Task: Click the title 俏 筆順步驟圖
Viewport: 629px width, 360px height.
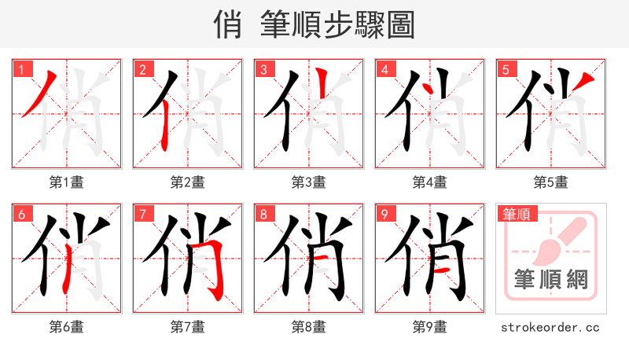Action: click(314, 24)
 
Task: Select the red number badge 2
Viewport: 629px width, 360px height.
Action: click(142, 69)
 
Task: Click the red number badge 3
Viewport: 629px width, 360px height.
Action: click(263, 69)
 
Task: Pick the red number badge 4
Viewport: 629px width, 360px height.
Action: click(384, 69)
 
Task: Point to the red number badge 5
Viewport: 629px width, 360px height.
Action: click(506, 69)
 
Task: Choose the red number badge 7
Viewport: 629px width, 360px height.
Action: click(142, 214)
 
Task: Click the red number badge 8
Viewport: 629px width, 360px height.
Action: click(263, 214)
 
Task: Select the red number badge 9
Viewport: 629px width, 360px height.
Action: click(384, 214)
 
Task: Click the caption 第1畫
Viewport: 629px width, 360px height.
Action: click(67, 182)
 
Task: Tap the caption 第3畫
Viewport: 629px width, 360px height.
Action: click(309, 182)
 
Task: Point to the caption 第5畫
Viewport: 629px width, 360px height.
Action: click(551, 182)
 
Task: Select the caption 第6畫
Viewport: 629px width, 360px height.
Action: click(67, 327)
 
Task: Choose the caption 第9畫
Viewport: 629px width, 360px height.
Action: click(430, 327)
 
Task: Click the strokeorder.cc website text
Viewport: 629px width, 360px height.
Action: click(551, 327)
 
